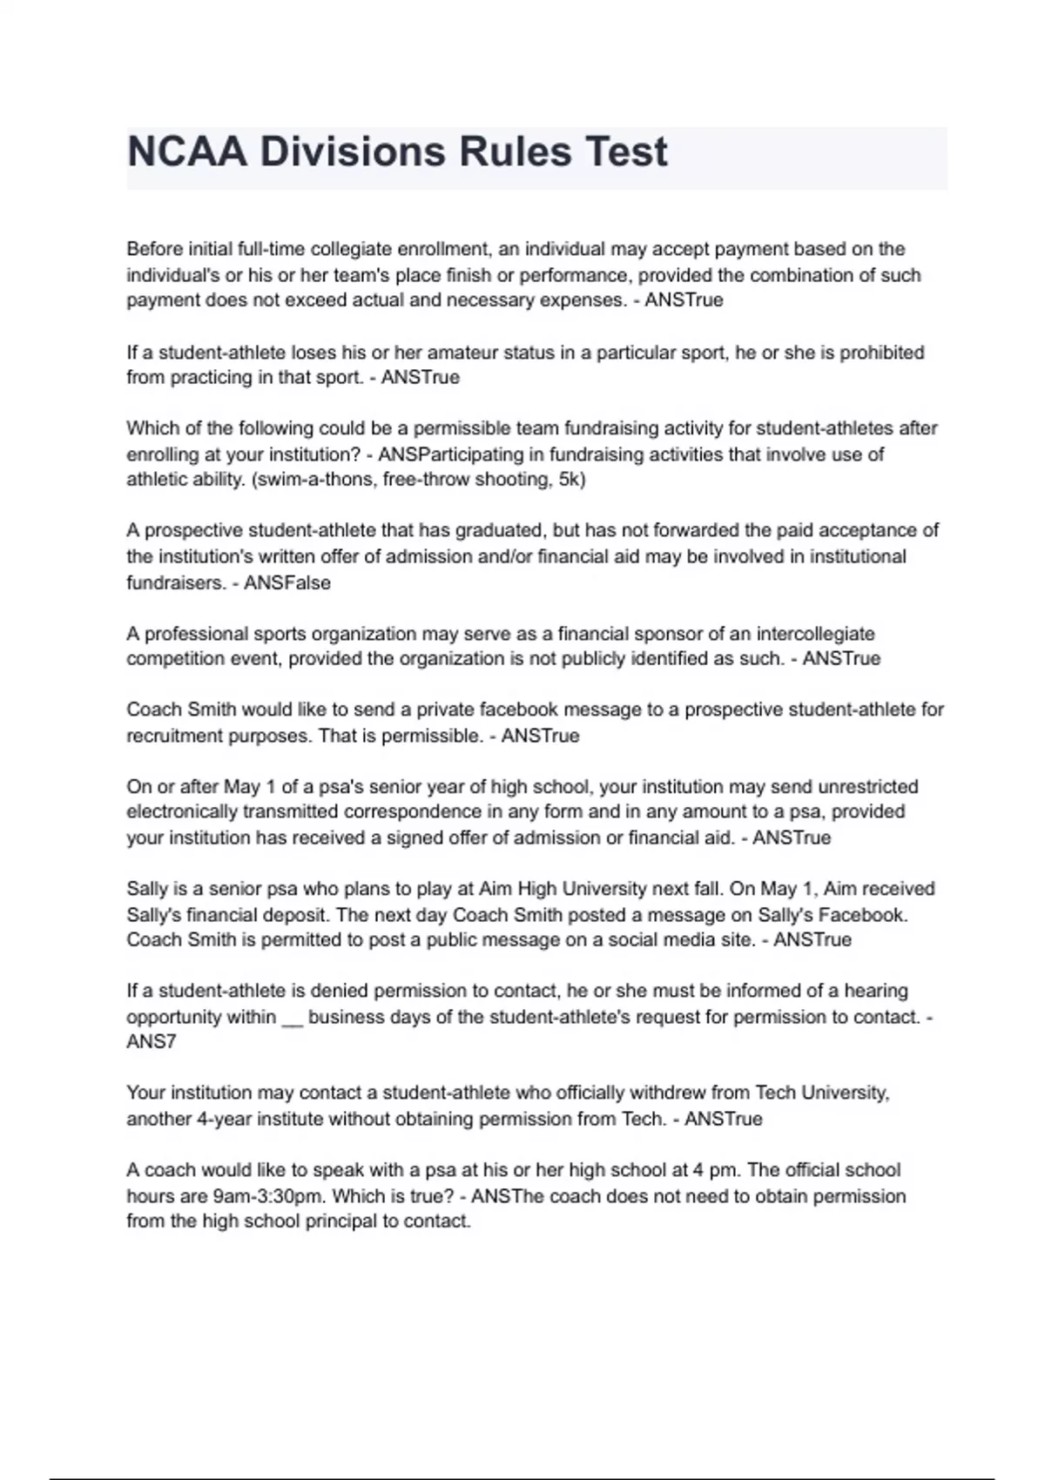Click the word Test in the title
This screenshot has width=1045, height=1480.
(626, 152)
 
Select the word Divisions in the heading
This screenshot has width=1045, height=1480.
(352, 152)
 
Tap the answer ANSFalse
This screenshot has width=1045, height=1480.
(287, 583)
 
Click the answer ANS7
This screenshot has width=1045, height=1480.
(152, 1042)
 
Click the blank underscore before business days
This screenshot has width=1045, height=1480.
(292, 1017)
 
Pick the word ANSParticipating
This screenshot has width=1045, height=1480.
(451, 454)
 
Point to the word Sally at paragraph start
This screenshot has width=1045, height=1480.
(146, 889)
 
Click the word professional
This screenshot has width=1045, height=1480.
(197, 634)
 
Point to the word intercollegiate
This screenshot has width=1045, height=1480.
(815, 634)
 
